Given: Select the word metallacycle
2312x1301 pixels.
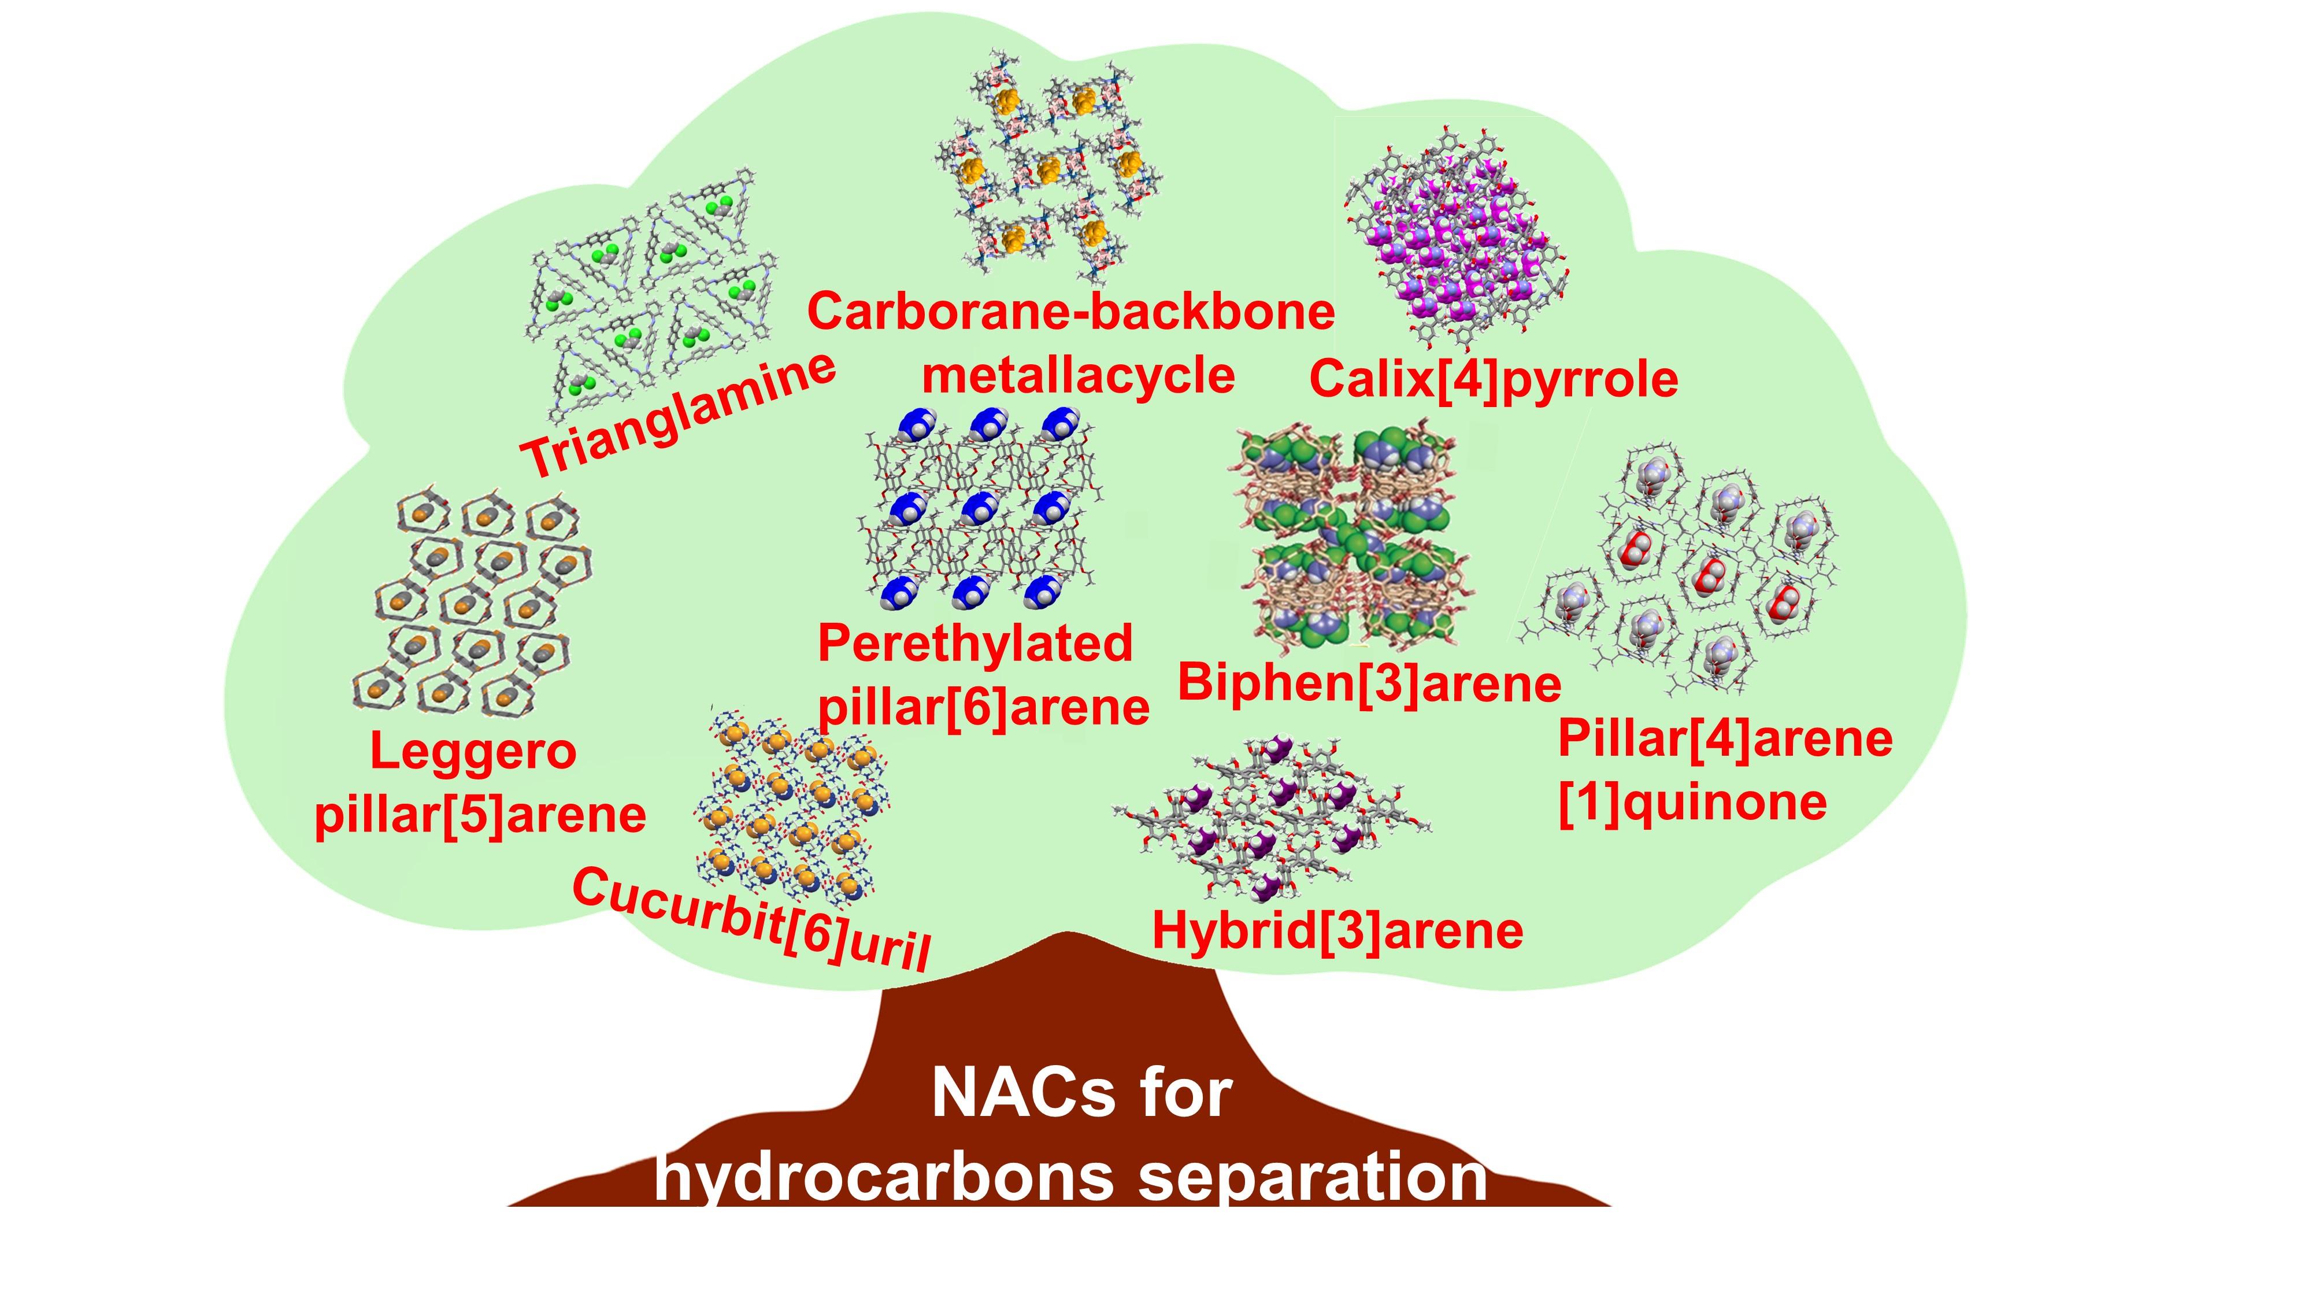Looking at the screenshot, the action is pyautogui.click(x=1078, y=375).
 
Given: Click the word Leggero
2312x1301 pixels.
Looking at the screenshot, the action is pyautogui.click(x=473, y=752).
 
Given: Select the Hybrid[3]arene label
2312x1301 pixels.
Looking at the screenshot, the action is pyautogui.click(x=1337, y=930).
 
